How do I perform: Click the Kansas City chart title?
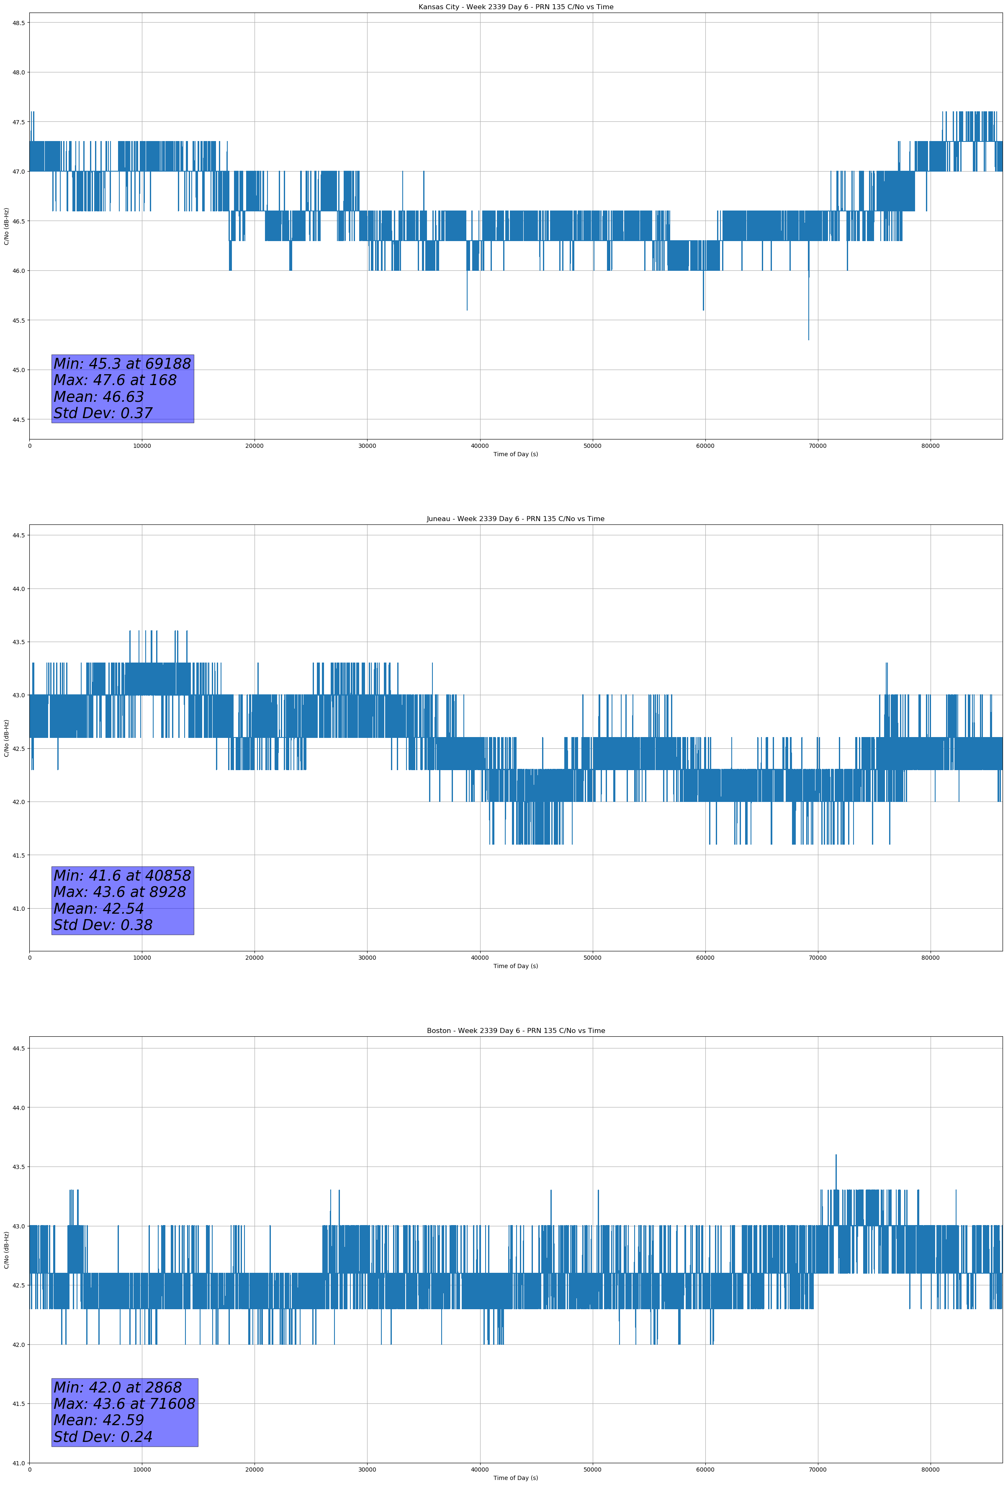515,7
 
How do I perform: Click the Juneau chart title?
515,519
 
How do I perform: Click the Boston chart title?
515,1031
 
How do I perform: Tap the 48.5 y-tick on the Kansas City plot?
18,23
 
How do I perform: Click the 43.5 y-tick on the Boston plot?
18,1167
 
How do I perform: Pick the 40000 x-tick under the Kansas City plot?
479,446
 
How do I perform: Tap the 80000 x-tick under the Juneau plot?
930,958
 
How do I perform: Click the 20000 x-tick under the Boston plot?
255,1470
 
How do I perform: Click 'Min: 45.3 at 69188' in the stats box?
122,364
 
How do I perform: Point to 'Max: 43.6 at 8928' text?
120,892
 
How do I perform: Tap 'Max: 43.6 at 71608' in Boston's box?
124,1404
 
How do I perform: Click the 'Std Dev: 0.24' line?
103,1437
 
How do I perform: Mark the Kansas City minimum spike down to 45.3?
809,337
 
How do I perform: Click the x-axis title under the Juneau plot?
515,966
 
